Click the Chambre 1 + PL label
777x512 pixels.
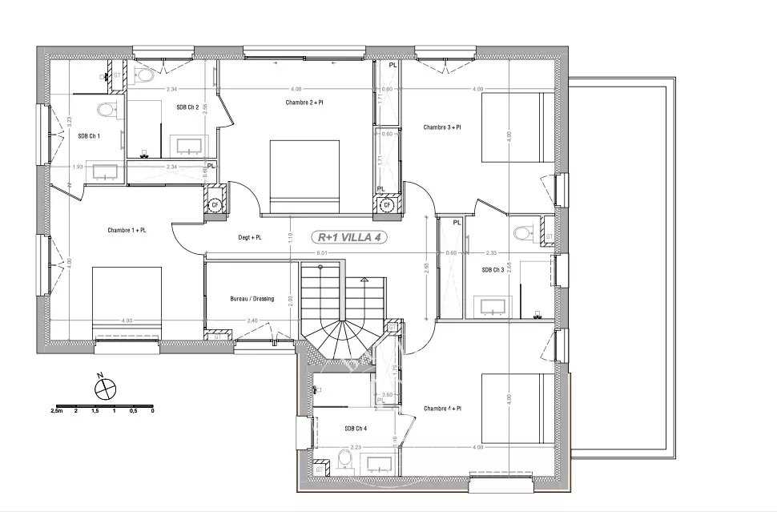127,231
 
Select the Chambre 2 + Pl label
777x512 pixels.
304,103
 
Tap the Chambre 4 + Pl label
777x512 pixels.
443,409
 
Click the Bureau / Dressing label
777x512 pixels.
252,299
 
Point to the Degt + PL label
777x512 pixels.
251,238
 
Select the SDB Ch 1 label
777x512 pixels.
89,136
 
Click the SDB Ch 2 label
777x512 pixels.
187,107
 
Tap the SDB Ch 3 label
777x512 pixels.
493,270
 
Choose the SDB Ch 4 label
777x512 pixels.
356,429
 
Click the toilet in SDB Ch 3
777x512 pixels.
524,233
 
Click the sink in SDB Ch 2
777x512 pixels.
189,146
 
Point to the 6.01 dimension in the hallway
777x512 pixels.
321,254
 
